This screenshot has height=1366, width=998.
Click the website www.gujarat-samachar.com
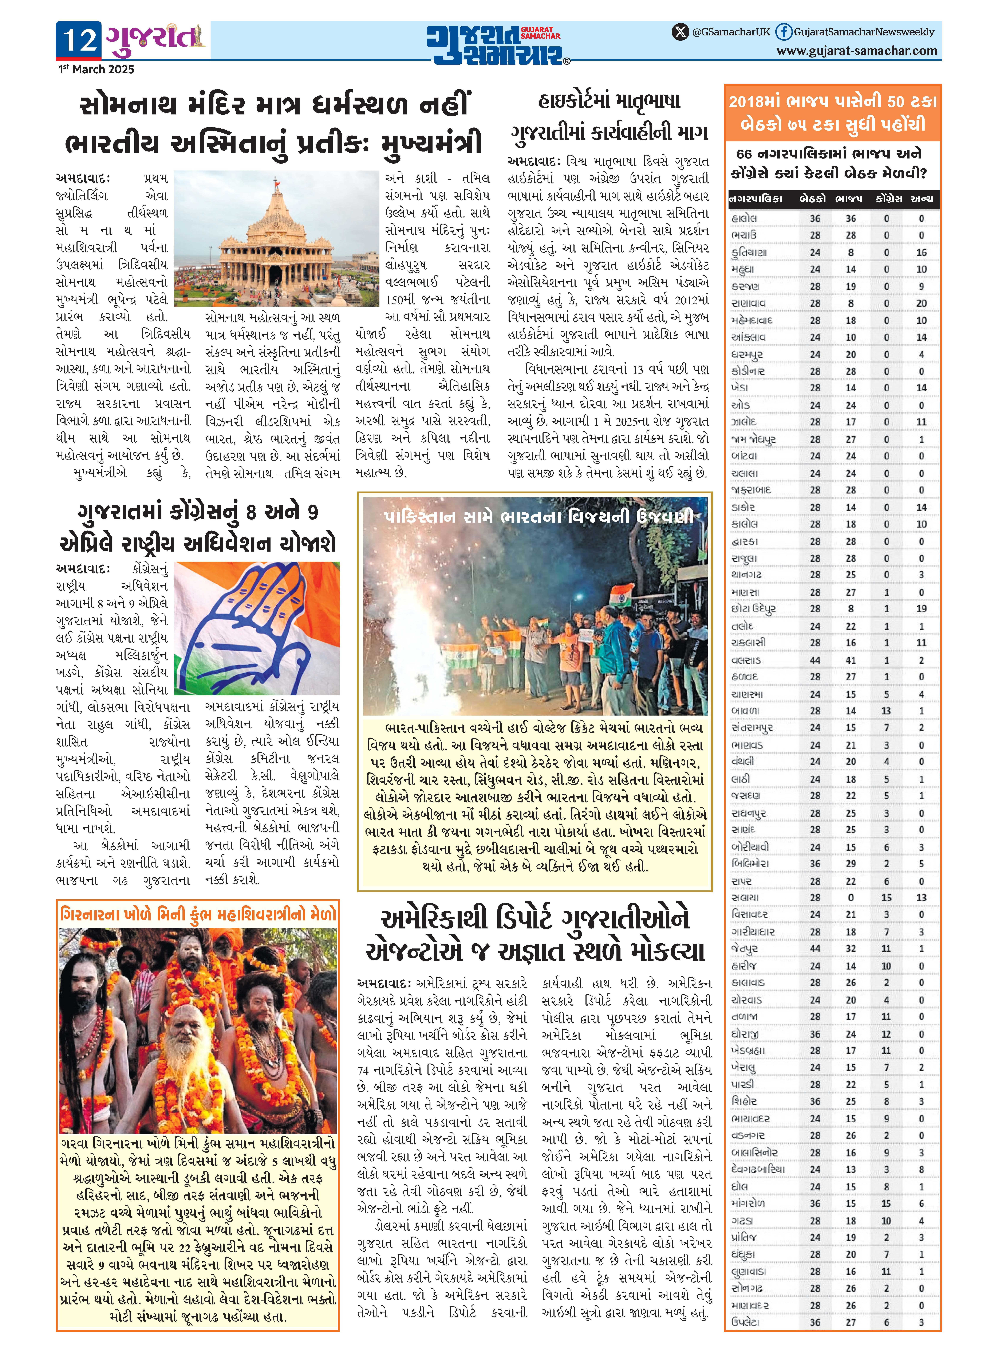pyautogui.click(x=857, y=51)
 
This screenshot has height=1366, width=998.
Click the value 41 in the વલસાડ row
pyautogui.click(x=851, y=660)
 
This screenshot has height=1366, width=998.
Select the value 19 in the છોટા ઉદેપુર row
pyautogui.click(x=921, y=609)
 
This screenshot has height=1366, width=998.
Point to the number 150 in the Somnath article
pyautogui.click(x=396, y=300)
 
